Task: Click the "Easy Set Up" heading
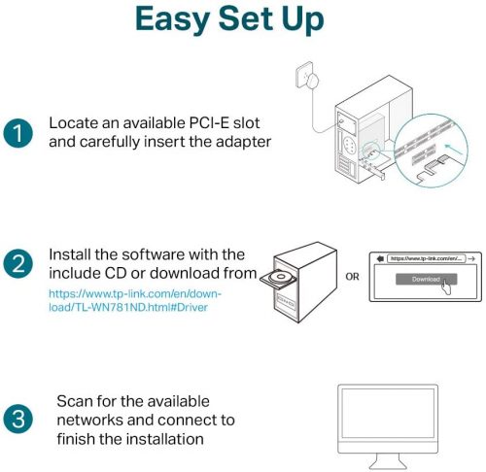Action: [229, 19]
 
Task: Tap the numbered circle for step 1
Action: [18, 133]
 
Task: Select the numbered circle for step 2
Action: [18, 263]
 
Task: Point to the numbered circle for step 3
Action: [18, 419]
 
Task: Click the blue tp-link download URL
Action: [135, 300]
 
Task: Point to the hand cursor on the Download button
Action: [446, 287]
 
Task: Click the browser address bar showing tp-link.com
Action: [427, 258]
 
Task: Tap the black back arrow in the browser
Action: [380, 258]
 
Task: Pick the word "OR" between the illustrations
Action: [352, 277]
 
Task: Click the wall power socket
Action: [304, 75]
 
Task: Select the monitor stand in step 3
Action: [388, 461]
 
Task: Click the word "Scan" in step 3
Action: [74, 401]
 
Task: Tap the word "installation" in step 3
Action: [164, 439]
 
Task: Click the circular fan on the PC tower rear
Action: [349, 145]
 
